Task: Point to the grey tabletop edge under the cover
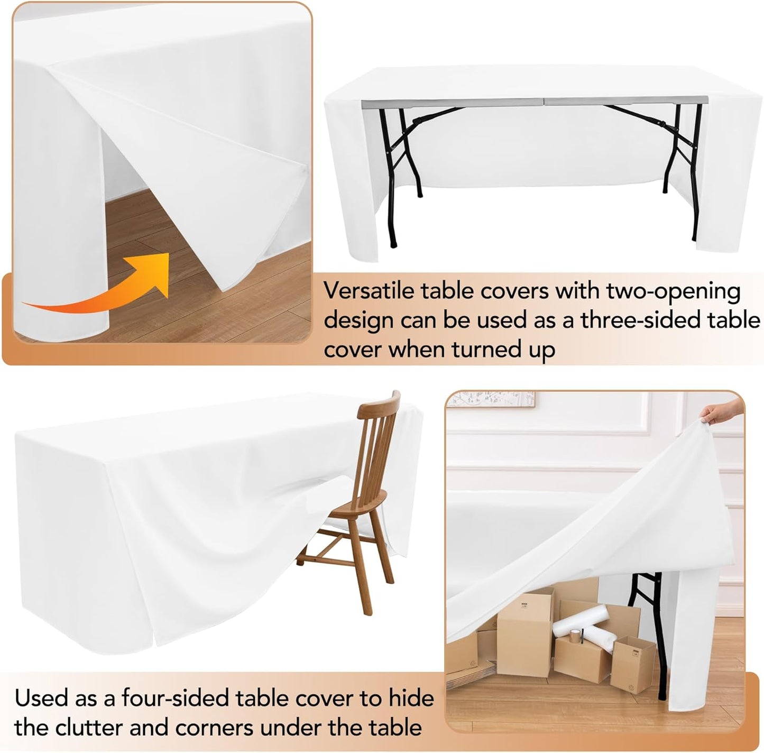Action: [x=529, y=102]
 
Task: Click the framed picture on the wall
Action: [x=490, y=399]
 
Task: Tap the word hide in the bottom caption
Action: [x=411, y=699]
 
